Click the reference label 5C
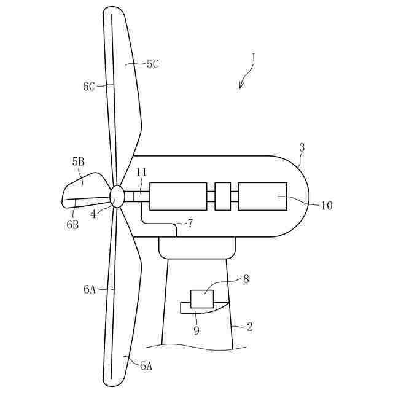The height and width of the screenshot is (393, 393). click(153, 63)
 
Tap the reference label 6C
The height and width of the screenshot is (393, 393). click(89, 87)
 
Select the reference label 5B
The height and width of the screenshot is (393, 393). click(78, 162)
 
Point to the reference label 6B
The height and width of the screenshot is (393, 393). click(72, 225)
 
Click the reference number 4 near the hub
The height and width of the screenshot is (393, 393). click(94, 215)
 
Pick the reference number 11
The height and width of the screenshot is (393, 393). click(141, 174)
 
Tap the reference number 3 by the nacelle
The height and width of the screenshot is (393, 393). click(302, 147)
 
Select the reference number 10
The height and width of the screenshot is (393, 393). click(327, 205)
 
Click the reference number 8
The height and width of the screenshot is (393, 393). click(246, 279)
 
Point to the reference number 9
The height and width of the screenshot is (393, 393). click(197, 330)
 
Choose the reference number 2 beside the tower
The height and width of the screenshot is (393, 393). click(250, 327)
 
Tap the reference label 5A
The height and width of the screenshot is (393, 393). click(146, 366)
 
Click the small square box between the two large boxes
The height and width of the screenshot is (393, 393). click(222, 196)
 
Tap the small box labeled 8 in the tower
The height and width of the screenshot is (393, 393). click(202, 299)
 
